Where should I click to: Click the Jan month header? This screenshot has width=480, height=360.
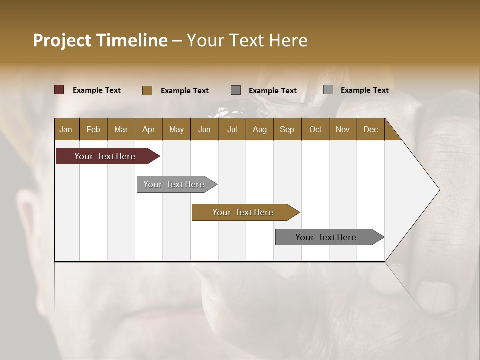pyautogui.click(x=66, y=129)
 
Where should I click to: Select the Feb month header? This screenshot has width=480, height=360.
pyautogui.click(x=93, y=129)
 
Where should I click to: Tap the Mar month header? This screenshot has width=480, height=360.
pyautogui.click(x=121, y=129)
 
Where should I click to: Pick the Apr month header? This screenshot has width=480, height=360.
pyautogui.click(x=148, y=129)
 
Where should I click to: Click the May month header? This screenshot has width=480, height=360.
pyautogui.click(x=176, y=129)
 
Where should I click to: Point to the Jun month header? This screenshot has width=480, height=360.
pyautogui.click(x=204, y=129)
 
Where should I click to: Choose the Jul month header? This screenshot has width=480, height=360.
pyautogui.click(x=232, y=129)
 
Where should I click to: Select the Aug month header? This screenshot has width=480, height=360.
pyautogui.click(x=260, y=129)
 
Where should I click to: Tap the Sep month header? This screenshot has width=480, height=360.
pyautogui.click(x=287, y=129)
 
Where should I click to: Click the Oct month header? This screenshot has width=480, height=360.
pyautogui.click(x=315, y=129)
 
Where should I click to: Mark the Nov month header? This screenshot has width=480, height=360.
pyautogui.click(x=343, y=129)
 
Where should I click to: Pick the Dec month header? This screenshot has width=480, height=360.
pyautogui.click(x=370, y=129)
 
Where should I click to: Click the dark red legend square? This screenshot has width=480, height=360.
pyautogui.click(x=59, y=90)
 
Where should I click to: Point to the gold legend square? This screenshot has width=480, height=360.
pyautogui.click(x=147, y=90)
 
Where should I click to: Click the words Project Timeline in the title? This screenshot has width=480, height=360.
pyautogui.click(x=100, y=40)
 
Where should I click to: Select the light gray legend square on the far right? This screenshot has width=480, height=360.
pyautogui.click(x=328, y=90)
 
